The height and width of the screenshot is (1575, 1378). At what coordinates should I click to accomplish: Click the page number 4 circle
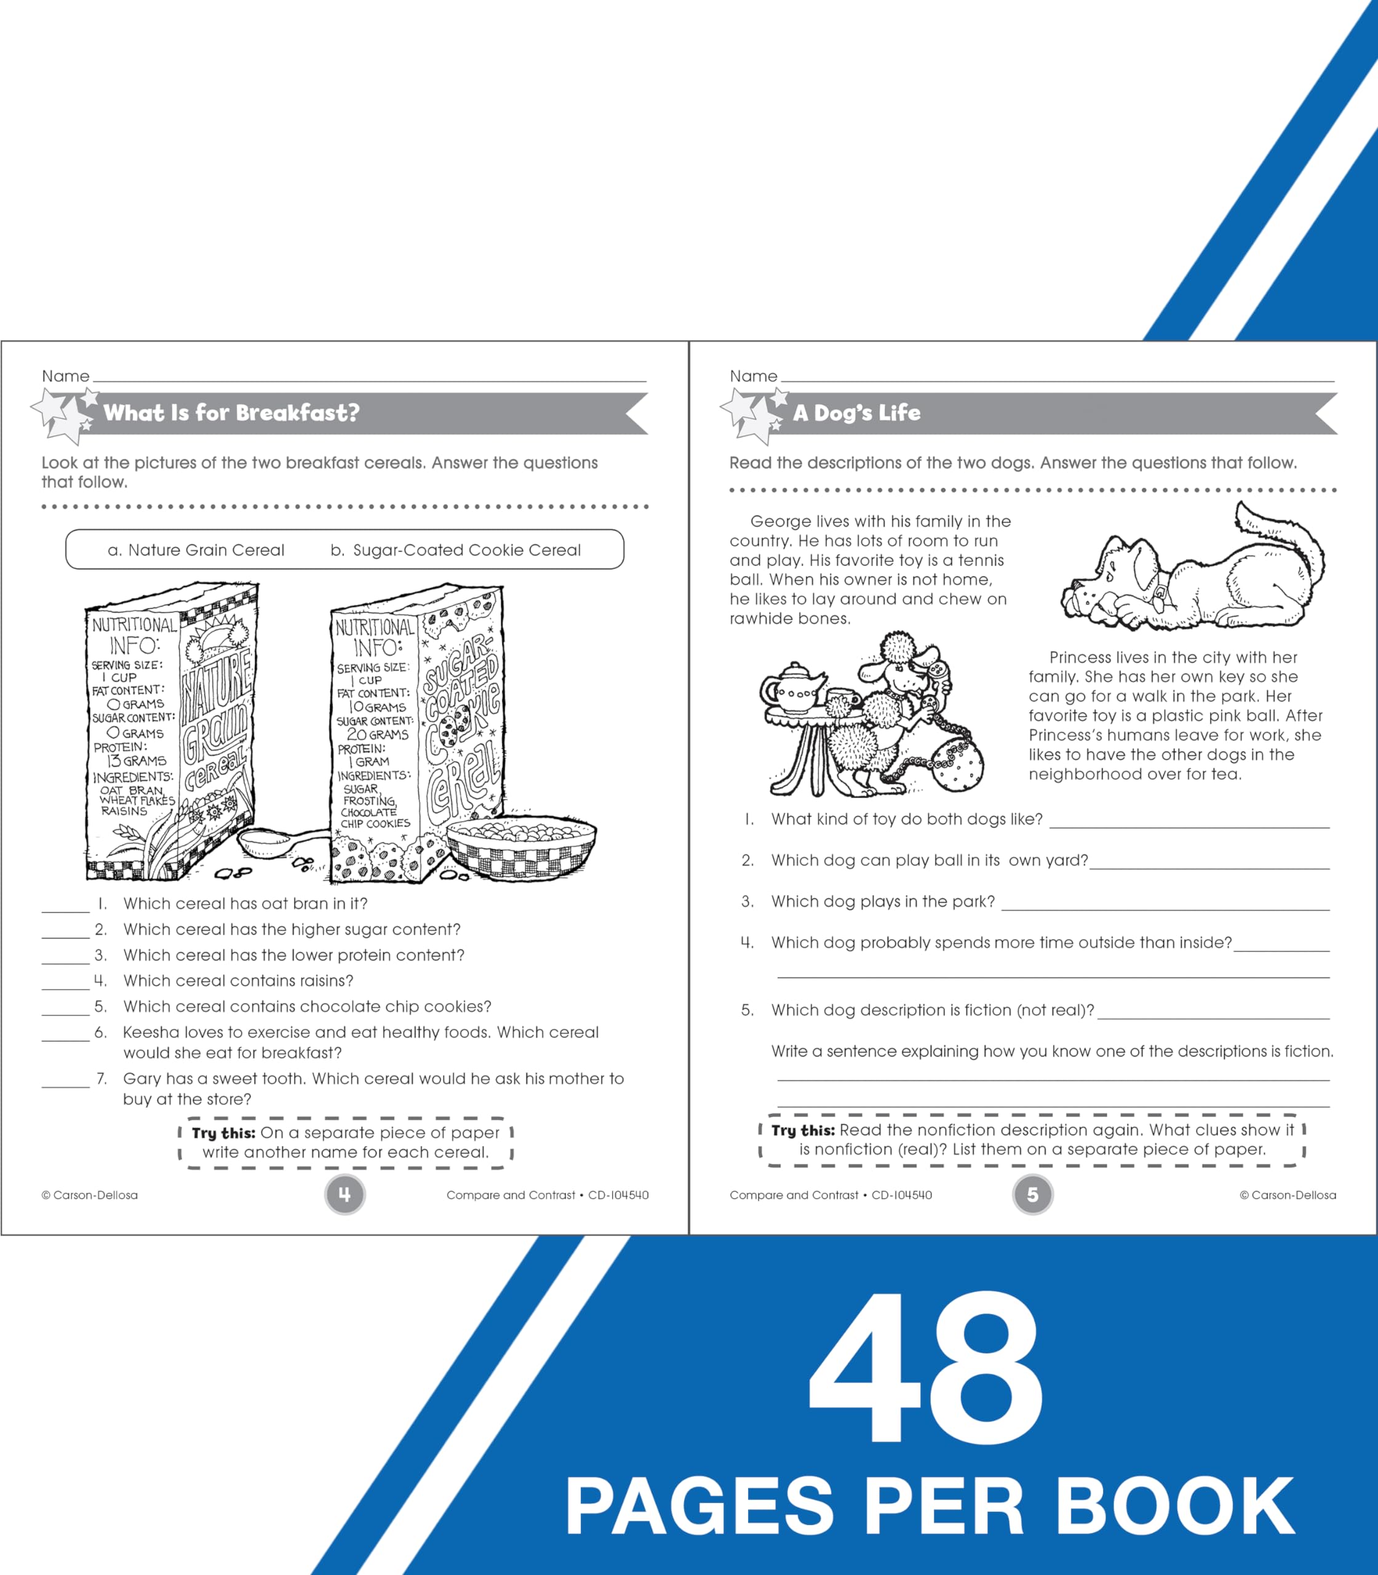pyautogui.click(x=344, y=1194)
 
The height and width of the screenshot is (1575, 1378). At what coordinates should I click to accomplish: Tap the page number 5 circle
pyautogui.click(x=1032, y=1194)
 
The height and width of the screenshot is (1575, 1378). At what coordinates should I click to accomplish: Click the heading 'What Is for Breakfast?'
pyautogui.click(x=231, y=413)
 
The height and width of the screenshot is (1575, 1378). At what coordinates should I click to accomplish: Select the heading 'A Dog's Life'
pyautogui.click(x=856, y=413)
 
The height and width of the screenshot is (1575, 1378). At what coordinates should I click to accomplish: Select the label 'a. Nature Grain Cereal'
pyautogui.click(x=196, y=550)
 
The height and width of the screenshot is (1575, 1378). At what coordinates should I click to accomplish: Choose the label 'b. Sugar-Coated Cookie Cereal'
pyautogui.click(x=455, y=550)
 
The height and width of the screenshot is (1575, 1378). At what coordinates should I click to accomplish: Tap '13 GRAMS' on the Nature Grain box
pyautogui.click(x=136, y=760)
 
